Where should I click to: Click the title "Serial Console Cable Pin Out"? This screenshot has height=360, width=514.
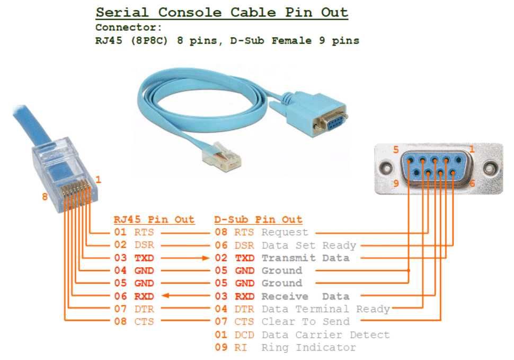click(221, 13)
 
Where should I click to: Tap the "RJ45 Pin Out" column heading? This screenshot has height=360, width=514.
click(154, 219)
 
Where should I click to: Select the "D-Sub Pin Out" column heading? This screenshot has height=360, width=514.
click(258, 219)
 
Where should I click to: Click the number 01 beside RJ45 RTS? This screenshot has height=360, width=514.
click(120, 232)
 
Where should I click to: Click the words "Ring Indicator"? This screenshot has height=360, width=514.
click(308, 347)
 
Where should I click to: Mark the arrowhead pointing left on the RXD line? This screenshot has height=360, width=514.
click(165, 296)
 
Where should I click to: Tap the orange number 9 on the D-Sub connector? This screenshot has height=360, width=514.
click(396, 185)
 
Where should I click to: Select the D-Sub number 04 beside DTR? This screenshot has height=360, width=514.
click(220, 309)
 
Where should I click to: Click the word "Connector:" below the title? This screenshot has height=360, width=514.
click(129, 27)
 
